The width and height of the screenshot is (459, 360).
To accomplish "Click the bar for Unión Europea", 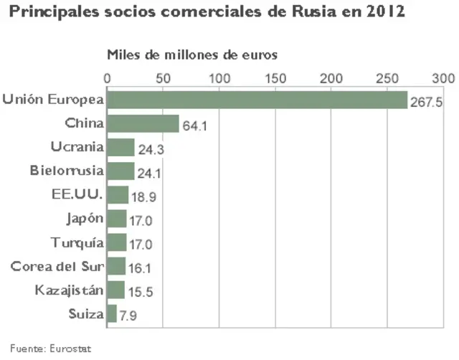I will [257, 100].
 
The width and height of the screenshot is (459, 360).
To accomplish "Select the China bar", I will [143, 124].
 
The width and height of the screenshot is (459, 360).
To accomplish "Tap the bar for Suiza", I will [112, 313].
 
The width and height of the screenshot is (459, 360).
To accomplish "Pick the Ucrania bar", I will [120, 148].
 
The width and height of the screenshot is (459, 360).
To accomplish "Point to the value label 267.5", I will [427, 103].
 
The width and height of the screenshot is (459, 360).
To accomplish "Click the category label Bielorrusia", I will [67, 171].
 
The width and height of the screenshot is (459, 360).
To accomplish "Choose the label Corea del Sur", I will [57, 266].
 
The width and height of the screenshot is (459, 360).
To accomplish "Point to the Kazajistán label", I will [70, 290].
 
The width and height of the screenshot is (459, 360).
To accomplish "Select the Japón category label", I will [85, 219].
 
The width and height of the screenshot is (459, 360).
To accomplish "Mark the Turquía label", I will [77, 242].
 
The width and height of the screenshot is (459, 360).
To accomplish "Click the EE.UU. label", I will [77, 195].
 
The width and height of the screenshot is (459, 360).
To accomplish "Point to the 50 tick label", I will [163, 77].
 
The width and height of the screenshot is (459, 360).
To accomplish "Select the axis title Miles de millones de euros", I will [192, 55].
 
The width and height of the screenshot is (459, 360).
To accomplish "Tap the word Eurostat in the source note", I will [72, 349].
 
